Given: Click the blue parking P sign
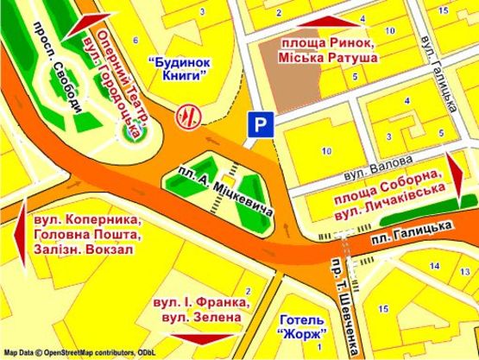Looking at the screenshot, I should point(256,126).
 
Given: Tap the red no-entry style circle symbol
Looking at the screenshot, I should point(185,115).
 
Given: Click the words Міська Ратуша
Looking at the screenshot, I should point(328,56).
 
